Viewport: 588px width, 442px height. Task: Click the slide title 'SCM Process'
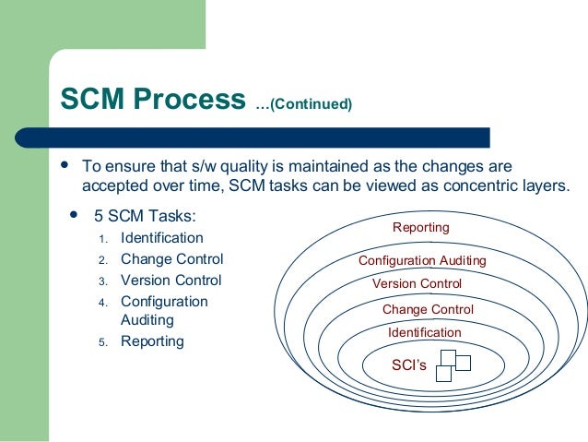tap(153, 100)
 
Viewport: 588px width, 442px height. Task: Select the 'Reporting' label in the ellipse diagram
tap(420, 228)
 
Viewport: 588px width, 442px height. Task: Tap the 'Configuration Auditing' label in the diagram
tap(422, 261)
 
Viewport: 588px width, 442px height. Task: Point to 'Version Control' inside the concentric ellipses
tap(417, 284)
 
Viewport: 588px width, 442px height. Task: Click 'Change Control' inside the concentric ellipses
tap(428, 310)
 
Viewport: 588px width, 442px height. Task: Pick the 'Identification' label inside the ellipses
tap(424, 332)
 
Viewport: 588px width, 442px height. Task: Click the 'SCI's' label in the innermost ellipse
tap(409, 365)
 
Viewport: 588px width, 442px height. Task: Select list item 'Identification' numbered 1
tap(161, 238)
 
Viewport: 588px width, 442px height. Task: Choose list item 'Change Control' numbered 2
tap(171, 259)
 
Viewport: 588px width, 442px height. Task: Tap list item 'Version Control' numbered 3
tap(171, 281)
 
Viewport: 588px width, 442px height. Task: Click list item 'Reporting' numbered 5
tap(152, 341)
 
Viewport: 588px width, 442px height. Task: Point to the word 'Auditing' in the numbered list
tap(147, 320)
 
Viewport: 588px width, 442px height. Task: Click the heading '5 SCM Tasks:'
tap(145, 218)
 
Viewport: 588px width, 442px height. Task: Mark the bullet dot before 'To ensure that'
tap(65, 166)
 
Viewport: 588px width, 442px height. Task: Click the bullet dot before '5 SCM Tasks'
tap(73, 217)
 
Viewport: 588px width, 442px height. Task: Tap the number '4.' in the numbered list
tap(103, 303)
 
